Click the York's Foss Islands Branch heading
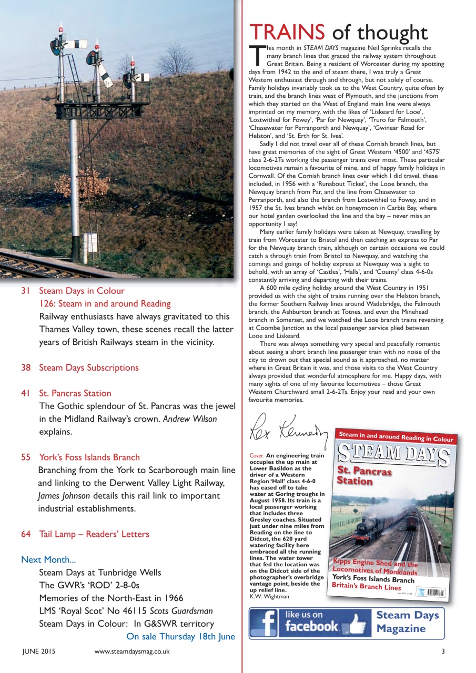89,457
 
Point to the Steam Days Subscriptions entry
88,368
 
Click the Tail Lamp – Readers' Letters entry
94,534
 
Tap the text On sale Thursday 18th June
180,637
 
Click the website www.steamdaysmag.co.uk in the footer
131,651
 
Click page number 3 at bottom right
443,651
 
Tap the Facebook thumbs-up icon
357,624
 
